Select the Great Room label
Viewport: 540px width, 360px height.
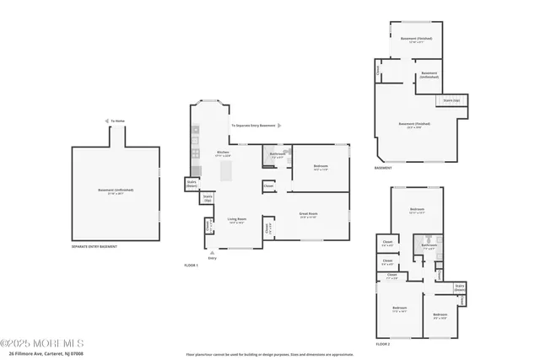[x=308, y=215]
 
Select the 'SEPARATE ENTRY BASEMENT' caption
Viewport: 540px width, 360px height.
[x=94, y=246]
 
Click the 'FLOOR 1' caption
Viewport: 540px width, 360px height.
[x=191, y=265]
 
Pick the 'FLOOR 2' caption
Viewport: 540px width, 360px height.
[x=383, y=344]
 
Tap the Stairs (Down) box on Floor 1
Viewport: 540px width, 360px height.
[x=192, y=183]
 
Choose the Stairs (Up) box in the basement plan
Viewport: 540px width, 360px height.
[x=452, y=100]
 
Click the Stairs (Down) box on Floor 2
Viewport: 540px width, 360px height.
[x=460, y=287]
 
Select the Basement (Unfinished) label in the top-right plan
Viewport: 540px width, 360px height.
[x=429, y=74]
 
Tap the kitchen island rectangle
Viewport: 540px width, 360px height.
[x=224, y=173]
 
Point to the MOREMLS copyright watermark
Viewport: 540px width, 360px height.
[x=42, y=343]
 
